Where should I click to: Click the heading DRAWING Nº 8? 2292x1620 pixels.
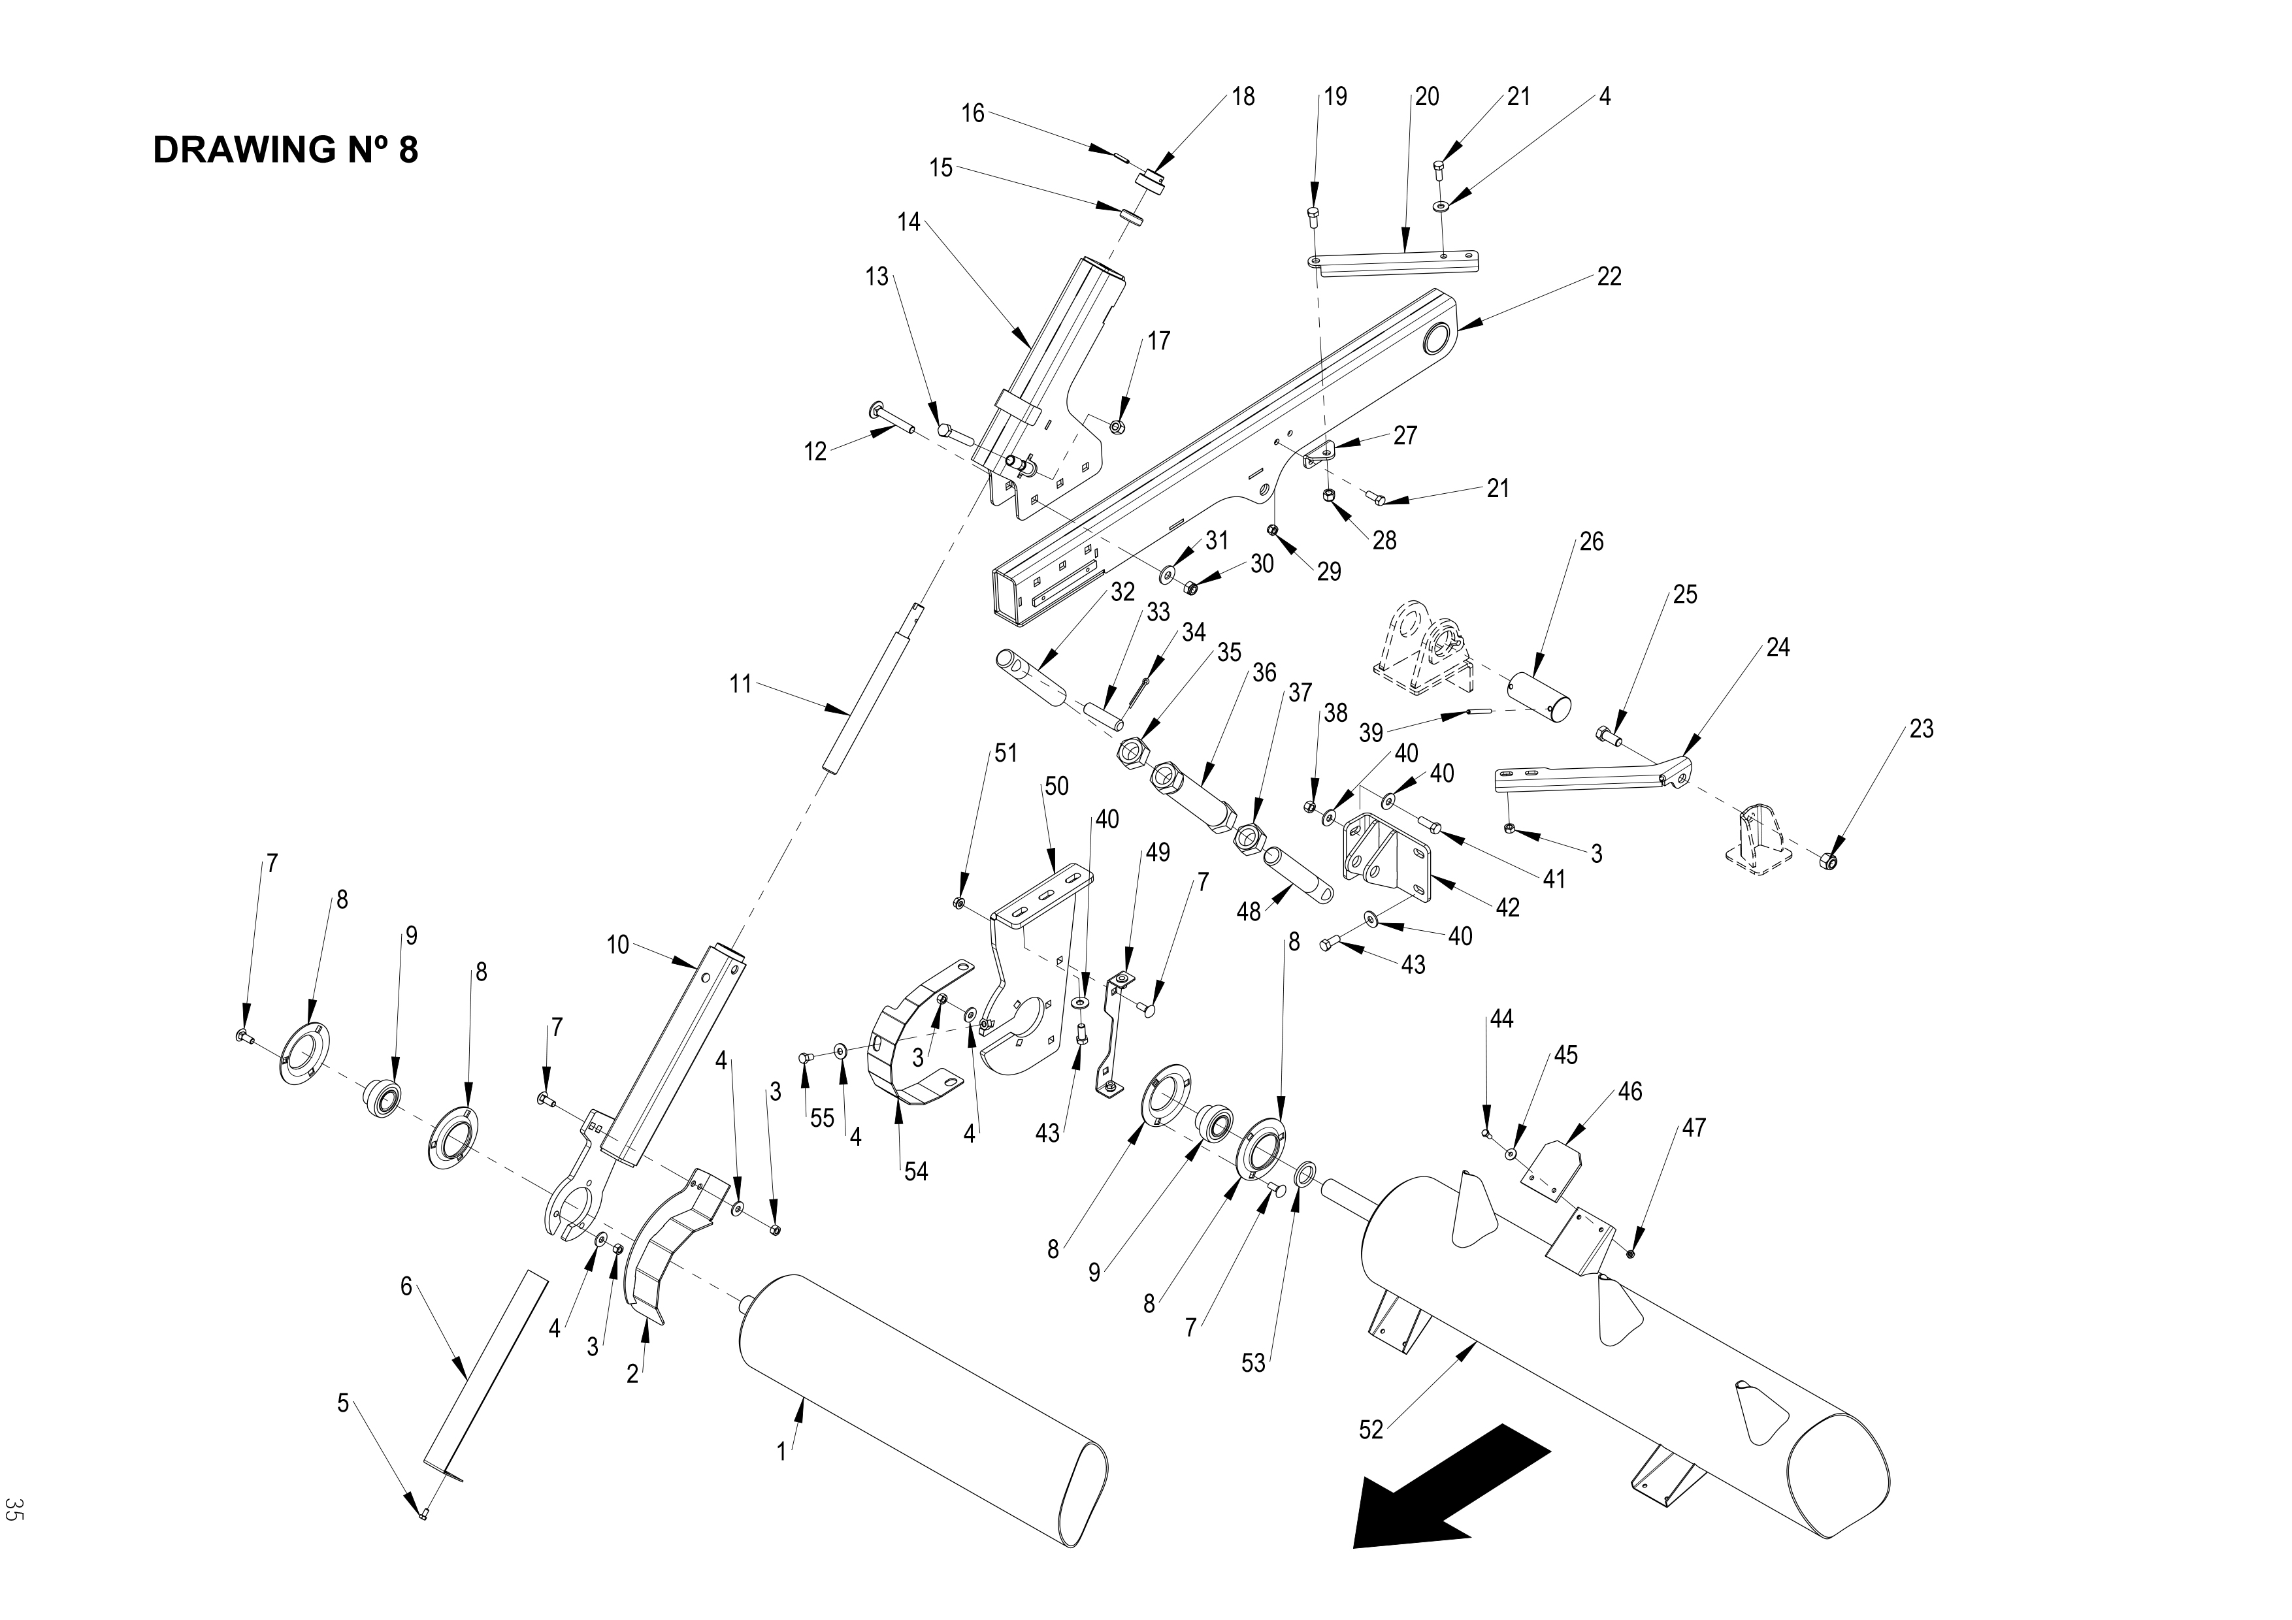tap(286, 150)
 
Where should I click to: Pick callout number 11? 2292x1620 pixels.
tap(740, 685)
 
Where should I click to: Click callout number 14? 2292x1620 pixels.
tap(908, 221)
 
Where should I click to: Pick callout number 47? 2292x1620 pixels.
tap(1693, 1128)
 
